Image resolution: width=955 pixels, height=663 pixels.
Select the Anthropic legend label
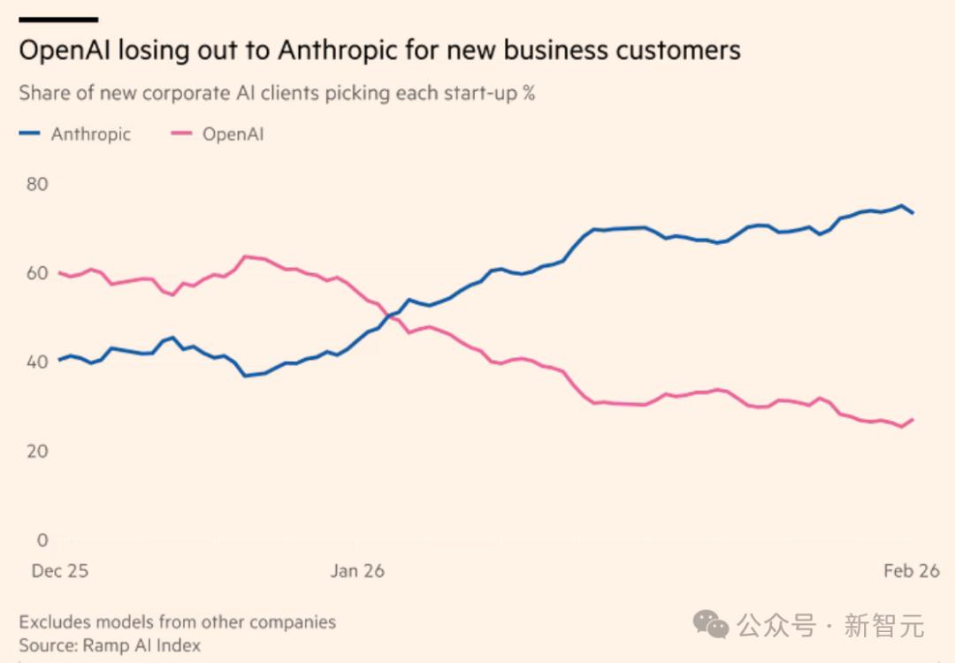click(90, 134)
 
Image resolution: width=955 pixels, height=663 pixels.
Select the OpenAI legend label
click(233, 134)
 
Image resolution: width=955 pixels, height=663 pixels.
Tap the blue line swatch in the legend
click(30, 134)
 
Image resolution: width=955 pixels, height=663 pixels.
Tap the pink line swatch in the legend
click(182, 134)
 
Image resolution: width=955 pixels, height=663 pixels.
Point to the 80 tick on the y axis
click(36, 184)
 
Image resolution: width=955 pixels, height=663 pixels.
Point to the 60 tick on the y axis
click(36, 273)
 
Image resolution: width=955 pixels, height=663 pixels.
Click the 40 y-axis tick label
click(36, 362)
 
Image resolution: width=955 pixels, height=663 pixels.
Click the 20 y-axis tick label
click(36, 451)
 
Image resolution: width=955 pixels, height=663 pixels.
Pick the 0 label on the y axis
click(42, 540)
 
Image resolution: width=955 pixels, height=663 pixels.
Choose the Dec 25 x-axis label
click(60, 571)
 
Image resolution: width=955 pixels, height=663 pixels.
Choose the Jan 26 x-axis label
click(357, 571)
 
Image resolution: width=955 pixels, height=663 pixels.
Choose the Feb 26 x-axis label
click(911, 571)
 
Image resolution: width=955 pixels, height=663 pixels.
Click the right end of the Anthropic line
click(913, 213)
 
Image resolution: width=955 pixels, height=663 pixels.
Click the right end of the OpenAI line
click(913, 419)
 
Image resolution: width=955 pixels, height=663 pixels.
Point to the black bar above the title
click(58, 19)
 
